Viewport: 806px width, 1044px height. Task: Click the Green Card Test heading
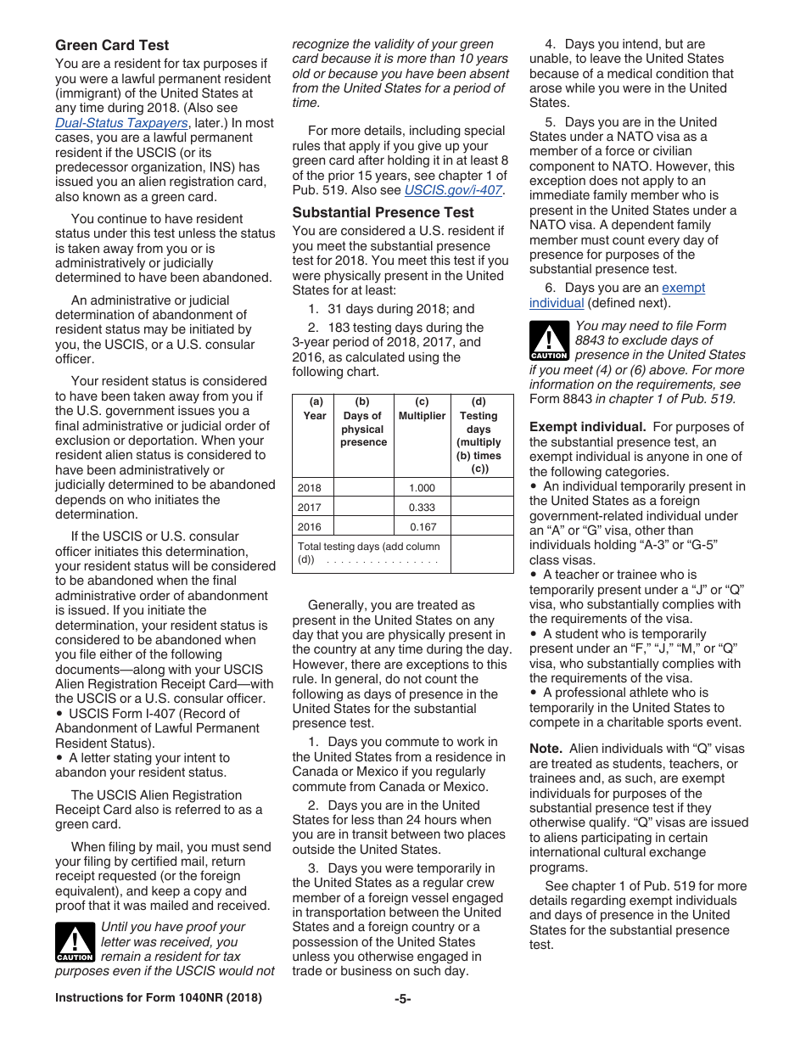112,45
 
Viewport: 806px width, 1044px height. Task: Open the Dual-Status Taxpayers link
121,123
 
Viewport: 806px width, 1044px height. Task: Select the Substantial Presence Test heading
383,212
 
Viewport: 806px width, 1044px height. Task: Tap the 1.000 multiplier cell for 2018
422,488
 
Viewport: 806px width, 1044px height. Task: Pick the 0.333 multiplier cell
422,508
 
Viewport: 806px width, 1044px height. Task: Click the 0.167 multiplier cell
422,526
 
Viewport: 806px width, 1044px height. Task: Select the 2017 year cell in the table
311,508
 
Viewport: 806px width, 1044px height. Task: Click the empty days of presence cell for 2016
363,526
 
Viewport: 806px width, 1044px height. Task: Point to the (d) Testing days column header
479,435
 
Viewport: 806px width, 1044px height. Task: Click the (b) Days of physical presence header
363,423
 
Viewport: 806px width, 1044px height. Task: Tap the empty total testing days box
481,553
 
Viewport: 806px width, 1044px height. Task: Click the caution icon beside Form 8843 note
549,341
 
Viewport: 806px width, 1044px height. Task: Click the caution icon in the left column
75,943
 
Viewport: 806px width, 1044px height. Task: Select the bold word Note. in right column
546,749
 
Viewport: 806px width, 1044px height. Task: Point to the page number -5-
403,998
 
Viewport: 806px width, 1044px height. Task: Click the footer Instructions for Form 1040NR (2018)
159,998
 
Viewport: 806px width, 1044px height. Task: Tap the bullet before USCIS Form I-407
59,714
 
